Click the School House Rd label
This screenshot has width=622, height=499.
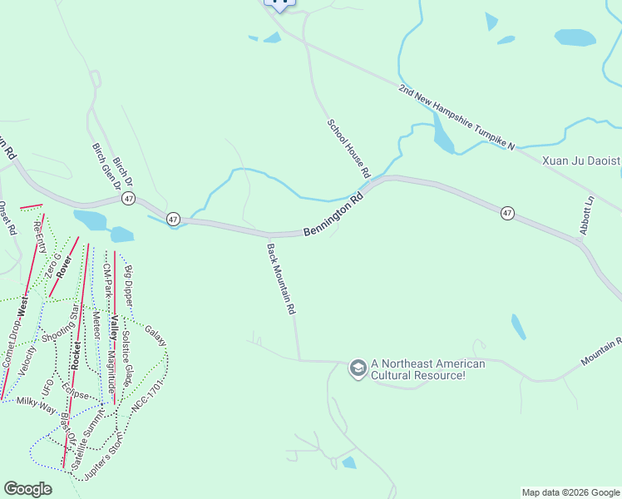(x=348, y=148)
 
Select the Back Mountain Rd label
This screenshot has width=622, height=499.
(x=281, y=279)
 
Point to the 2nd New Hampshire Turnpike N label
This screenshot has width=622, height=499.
(x=457, y=116)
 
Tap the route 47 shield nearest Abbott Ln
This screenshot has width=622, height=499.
(x=507, y=214)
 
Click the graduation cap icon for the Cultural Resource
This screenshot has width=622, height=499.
(x=358, y=368)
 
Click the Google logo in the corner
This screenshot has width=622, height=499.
(x=27, y=488)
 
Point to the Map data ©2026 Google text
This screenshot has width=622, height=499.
(x=570, y=492)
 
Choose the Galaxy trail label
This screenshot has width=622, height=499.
(x=155, y=336)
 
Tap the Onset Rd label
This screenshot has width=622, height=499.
(x=7, y=219)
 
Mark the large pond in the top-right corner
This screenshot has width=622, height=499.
(x=575, y=37)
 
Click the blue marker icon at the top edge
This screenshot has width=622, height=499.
(x=279, y=4)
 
